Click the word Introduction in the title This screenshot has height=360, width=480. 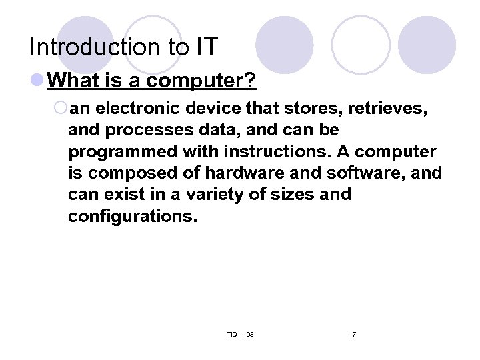click(x=92, y=47)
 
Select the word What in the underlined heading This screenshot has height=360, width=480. click(x=73, y=81)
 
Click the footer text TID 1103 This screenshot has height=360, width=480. click(x=240, y=333)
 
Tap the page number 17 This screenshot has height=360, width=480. click(x=352, y=333)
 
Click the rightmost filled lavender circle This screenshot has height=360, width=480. click(x=427, y=45)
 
